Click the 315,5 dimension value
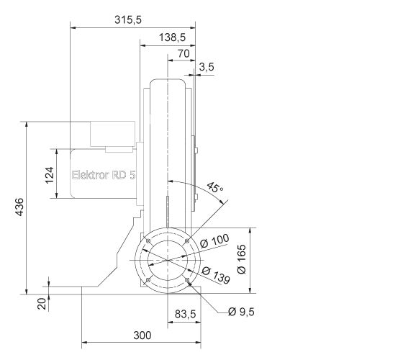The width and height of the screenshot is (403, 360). pos(128,19)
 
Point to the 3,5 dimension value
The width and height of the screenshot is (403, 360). pos(207,67)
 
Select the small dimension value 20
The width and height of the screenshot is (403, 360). pos(42,303)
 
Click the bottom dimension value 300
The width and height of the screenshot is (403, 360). pos(142,335)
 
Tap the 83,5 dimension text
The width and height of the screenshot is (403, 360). pos(186,314)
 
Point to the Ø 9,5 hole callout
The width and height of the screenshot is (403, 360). pos(241,312)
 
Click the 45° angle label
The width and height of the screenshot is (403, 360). pos(215,188)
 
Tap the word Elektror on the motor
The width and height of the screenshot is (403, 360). pos(89,174)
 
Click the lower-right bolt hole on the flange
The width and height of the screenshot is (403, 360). pos(187,279)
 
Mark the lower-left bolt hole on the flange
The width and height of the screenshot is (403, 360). pos(148,279)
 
